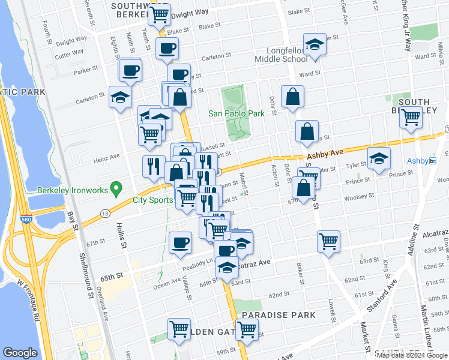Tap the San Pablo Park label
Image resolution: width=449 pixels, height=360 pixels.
pos(236,113)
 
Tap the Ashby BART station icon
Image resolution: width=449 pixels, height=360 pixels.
pos(433,161)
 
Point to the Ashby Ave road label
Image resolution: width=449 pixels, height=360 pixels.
pos(325,154)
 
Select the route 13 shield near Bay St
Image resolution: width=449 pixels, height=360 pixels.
pos(105,213)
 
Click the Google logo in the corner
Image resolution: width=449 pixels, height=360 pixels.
pos(20,353)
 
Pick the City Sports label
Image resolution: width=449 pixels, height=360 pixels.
pos(152,200)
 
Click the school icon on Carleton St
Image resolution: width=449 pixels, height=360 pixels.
pos(120,97)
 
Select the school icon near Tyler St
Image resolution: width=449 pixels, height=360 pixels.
pos(379,159)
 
